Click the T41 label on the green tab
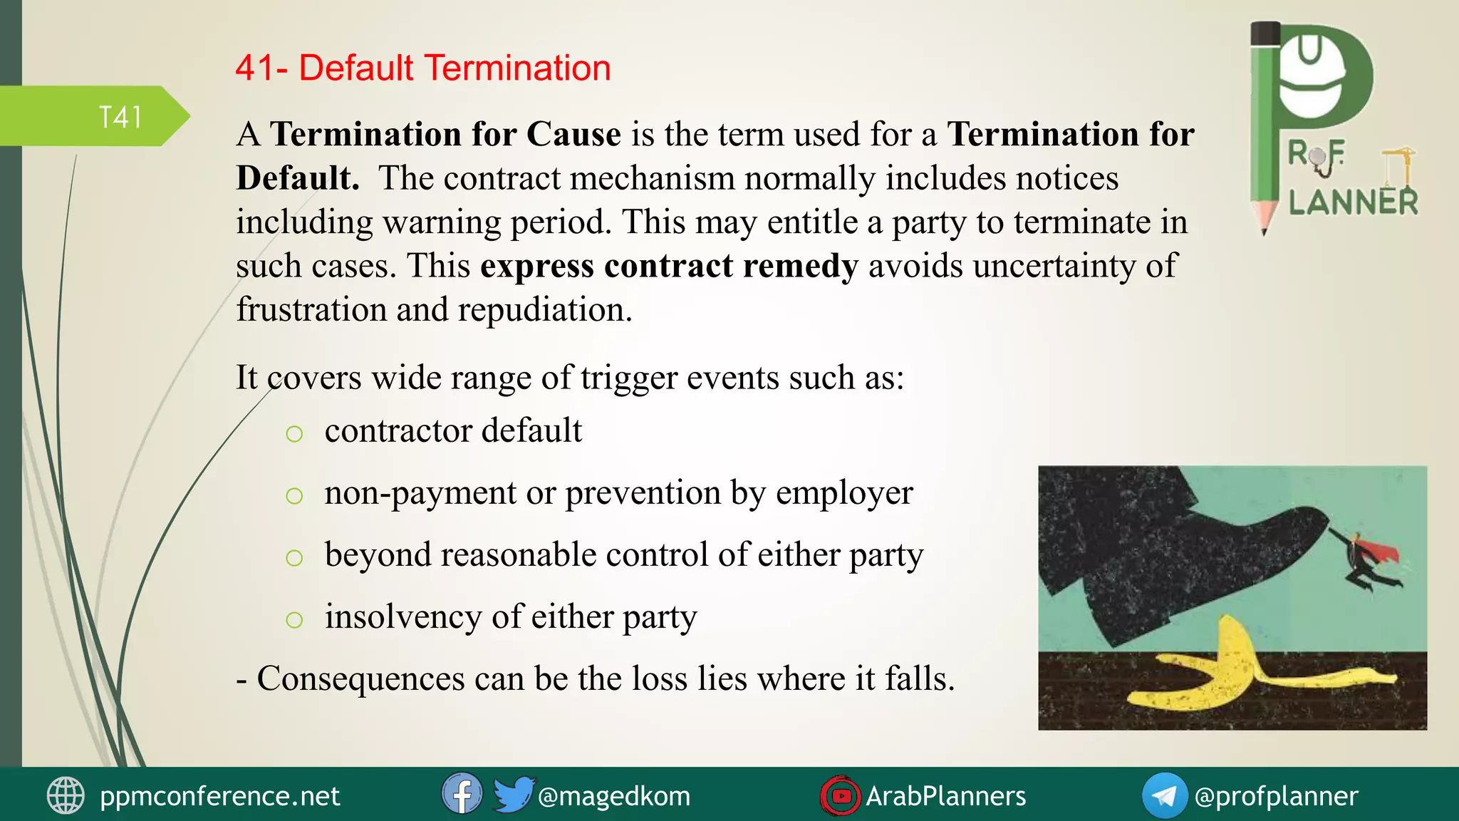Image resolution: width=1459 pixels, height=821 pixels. pyautogui.click(x=120, y=118)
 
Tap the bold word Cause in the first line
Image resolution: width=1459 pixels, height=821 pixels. pyautogui.click(x=573, y=135)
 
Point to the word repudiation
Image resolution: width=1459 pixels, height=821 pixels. pyautogui.click(x=544, y=310)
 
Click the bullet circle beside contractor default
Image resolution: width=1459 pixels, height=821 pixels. pyautogui.click(x=294, y=433)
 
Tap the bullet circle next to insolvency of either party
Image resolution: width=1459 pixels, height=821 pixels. pyautogui.click(x=294, y=619)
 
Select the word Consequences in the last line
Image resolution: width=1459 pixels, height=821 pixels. pyautogui.click(x=360, y=678)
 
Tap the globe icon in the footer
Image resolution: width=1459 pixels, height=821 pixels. pyautogui.click(x=66, y=795)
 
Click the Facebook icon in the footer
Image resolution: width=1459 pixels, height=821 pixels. pyautogui.click(x=462, y=794)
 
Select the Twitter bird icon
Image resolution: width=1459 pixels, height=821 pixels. pyautogui.click(x=512, y=794)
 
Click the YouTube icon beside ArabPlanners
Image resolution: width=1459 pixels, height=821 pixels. pyautogui.click(x=841, y=795)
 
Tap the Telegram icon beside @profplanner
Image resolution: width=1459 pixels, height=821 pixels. pyautogui.click(x=1164, y=795)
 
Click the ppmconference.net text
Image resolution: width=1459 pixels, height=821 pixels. pyautogui.click(x=219, y=796)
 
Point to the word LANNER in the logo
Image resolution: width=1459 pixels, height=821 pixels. pyautogui.click(x=1353, y=202)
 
